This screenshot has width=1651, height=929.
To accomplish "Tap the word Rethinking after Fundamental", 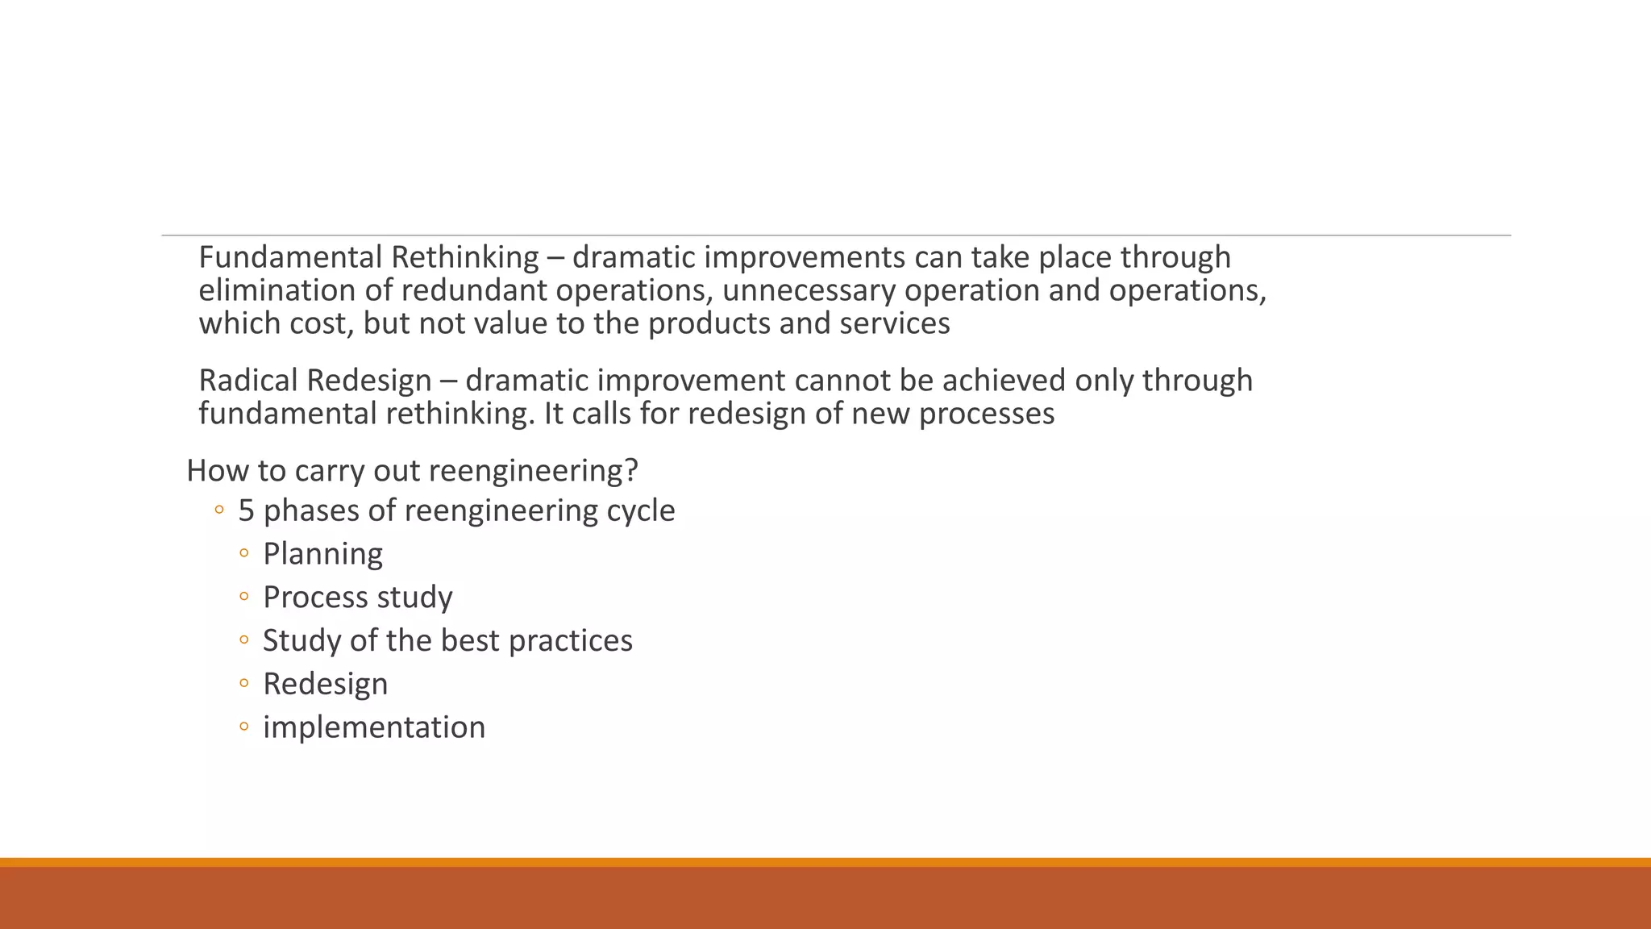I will tap(465, 257).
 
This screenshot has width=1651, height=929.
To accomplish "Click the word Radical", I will tap(247, 381).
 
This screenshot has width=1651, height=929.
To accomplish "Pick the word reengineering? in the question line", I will tap(557, 471).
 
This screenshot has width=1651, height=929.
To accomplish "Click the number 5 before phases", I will tap(246, 510).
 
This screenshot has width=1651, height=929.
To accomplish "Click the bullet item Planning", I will tap(322, 554).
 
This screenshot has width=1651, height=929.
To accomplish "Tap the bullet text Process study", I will tap(358, 598).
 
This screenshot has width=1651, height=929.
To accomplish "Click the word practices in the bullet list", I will tap(571, 641).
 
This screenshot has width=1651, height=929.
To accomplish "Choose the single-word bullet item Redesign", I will tap(325, 684).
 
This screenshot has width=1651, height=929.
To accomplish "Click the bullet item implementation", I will tap(374, 727).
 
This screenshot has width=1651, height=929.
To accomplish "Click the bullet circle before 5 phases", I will tap(218, 510).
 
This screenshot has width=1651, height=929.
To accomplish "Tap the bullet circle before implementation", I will tap(244, 727).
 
